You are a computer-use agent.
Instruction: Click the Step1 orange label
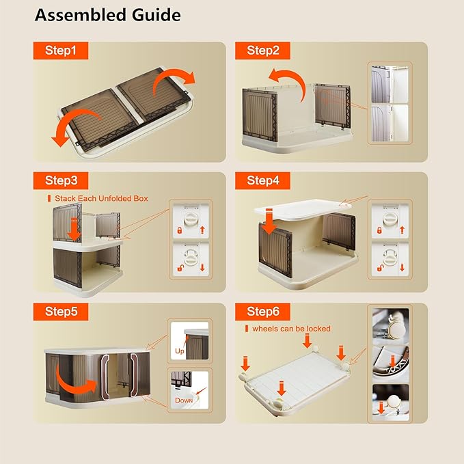click(x=61, y=51)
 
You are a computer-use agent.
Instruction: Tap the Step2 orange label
click(x=262, y=51)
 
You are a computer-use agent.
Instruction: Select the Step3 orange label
click(x=61, y=180)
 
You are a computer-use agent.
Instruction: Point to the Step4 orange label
click(x=262, y=180)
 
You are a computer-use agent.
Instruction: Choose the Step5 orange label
click(x=61, y=312)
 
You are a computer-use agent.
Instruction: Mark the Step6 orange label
click(x=262, y=312)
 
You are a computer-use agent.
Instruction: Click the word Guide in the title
click(x=156, y=15)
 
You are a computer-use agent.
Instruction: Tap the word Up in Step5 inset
click(x=179, y=351)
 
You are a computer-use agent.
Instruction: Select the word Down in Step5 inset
click(x=184, y=400)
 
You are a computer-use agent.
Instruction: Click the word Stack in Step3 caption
click(x=65, y=198)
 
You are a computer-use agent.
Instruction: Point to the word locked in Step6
click(x=318, y=329)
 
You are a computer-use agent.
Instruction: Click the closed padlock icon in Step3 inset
click(x=179, y=230)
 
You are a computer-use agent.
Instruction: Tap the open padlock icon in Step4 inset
click(x=380, y=268)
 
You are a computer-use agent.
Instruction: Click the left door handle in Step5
click(x=105, y=375)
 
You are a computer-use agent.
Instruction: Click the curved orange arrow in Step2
click(x=293, y=77)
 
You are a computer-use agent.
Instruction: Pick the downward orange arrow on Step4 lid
click(x=269, y=221)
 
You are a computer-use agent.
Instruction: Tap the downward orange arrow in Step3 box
click(x=74, y=230)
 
